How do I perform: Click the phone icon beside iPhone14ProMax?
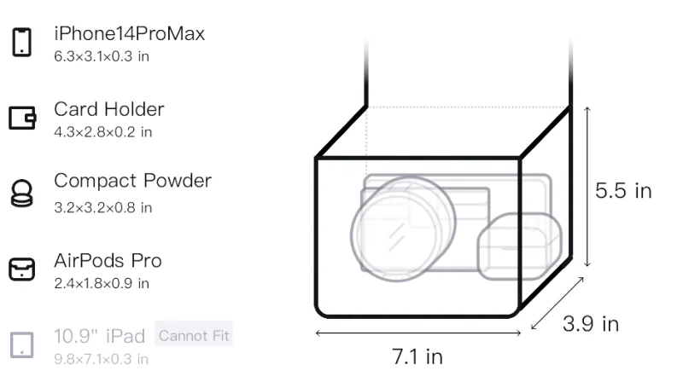click(22, 42)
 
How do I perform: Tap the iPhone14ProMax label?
click(130, 33)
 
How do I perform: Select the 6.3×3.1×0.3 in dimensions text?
click(102, 56)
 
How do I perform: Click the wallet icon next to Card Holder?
click(22, 118)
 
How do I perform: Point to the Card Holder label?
click(109, 109)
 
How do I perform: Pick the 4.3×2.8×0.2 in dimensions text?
click(102, 132)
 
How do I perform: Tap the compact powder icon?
click(22, 193)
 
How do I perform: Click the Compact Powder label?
click(132, 181)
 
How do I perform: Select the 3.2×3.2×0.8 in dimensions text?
click(102, 207)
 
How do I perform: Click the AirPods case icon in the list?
click(22, 269)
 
